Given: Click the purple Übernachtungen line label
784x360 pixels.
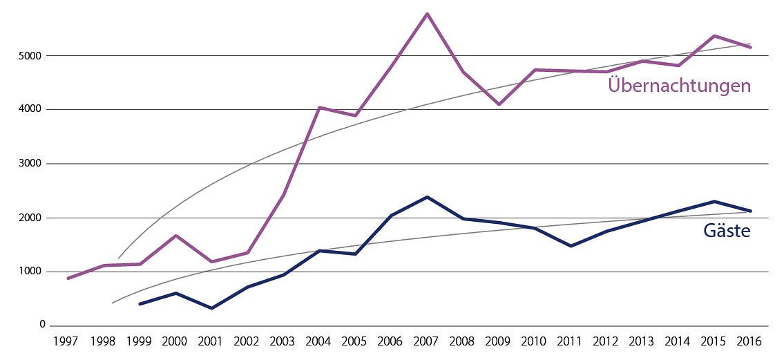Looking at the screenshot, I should tap(678, 86).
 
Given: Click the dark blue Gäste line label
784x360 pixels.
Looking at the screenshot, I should tap(727, 231).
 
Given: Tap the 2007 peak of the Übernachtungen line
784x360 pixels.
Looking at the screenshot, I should tap(427, 14).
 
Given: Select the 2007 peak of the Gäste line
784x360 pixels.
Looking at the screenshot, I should tap(427, 197).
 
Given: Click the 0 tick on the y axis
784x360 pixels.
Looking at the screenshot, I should tap(42, 325).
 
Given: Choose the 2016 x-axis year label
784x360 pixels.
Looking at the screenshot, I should tap(750, 342).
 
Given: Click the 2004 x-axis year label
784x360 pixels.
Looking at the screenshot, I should tap(319, 342).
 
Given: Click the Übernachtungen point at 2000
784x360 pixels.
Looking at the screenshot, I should tap(175, 236).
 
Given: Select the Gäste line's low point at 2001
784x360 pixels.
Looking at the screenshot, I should tap(211, 308).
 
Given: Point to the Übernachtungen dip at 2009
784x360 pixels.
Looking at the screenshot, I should tap(499, 104).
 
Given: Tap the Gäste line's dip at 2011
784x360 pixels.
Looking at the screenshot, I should tap(571, 246).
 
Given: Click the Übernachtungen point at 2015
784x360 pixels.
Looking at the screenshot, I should tap(714, 36).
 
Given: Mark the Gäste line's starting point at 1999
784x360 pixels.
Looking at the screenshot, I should tap(140, 304).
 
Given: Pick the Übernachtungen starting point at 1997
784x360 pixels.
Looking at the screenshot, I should tap(68, 278).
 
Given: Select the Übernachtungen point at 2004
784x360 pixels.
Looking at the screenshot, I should tap(319, 107).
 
